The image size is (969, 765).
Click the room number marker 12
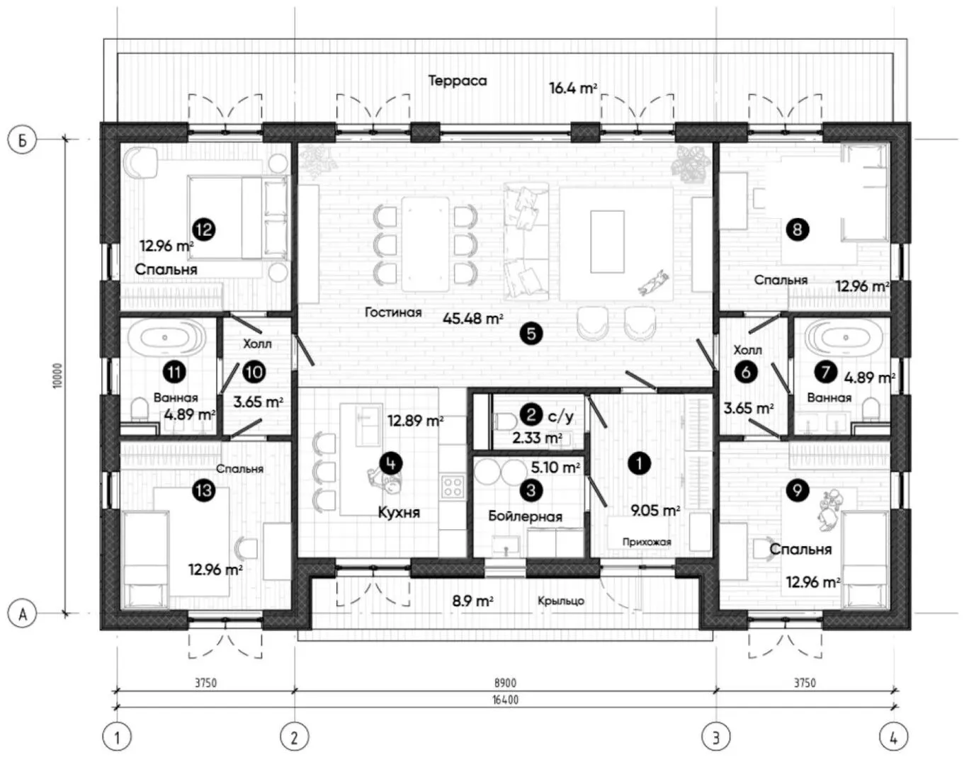coord(204,229)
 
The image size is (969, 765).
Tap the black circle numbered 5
coord(531,334)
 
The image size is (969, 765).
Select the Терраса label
coord(458,81)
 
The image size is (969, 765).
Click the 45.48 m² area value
coord(472,319)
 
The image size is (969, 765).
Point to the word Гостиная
coord(393,312)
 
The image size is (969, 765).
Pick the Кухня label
coord(399,512)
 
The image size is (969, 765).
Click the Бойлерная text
coord(526,516)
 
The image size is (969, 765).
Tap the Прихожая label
coord(647,542)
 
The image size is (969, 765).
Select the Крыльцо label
coord(561,601)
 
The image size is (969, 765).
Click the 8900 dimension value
coord(505,683)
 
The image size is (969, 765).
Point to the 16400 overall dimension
coord(505,700)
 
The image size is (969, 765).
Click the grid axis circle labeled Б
coord(22,140)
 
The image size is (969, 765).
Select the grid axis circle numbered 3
coord(716,737)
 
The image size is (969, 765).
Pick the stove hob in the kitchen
coord(453,487)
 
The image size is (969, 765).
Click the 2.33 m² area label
coord(537,437)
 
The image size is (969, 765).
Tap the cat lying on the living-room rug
coord(653,283)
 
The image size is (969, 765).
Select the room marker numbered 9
coord(798,490)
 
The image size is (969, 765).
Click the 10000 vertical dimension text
coord(57,375)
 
